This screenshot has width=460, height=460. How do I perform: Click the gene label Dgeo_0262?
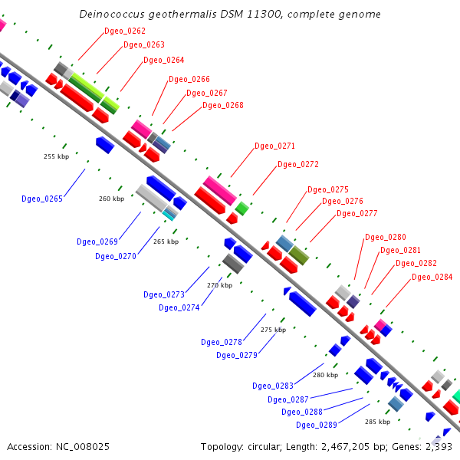[x=124, y=31]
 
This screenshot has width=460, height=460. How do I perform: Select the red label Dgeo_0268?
[x=222, y=105]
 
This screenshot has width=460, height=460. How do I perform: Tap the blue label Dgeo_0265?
[x=42, y=199]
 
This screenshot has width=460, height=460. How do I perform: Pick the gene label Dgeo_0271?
[x=274, y=146]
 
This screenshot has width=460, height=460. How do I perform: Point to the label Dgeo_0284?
[x=432, y=277]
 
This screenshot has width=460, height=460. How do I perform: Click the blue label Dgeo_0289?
[x=317, y=425]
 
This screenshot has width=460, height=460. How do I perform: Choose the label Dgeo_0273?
[x=164, y=294]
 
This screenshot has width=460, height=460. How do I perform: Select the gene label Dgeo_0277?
[x=357, y=213]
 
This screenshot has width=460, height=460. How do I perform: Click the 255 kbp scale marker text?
[x=56, y=156]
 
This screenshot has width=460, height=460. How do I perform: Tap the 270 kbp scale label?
[x=219, y=285]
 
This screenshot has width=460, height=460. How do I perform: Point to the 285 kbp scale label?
[x=377, y=422]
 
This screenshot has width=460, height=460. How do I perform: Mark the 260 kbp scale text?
[x=111, y=199]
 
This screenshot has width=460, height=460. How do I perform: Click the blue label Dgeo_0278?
[x=222, y=342]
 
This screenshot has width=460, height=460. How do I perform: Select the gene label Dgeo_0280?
[x=386, y=237]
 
